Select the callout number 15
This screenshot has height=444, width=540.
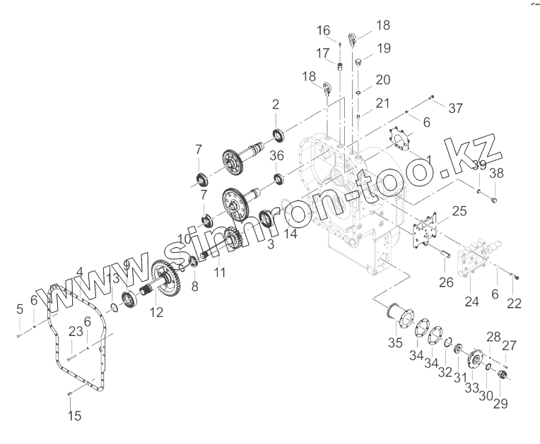click(x=74, y=416)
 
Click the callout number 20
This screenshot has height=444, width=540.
click(x=382, y=78)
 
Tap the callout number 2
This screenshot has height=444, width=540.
click(x=276, y=104)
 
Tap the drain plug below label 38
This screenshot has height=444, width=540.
click(x=493, y=200)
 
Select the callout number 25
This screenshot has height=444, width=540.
click(x=460, y=210)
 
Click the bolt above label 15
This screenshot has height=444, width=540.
click(x=71, y=393)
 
